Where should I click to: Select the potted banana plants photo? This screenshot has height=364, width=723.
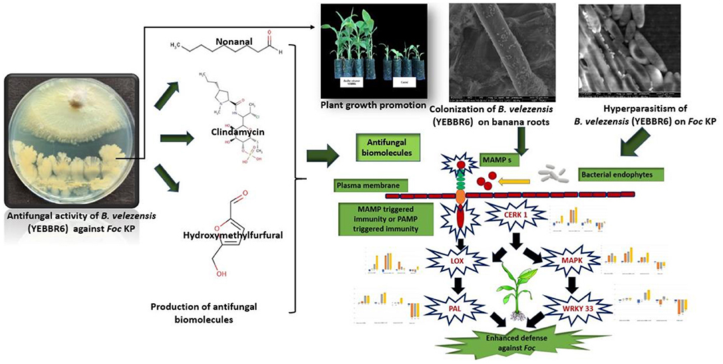point(374,52)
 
